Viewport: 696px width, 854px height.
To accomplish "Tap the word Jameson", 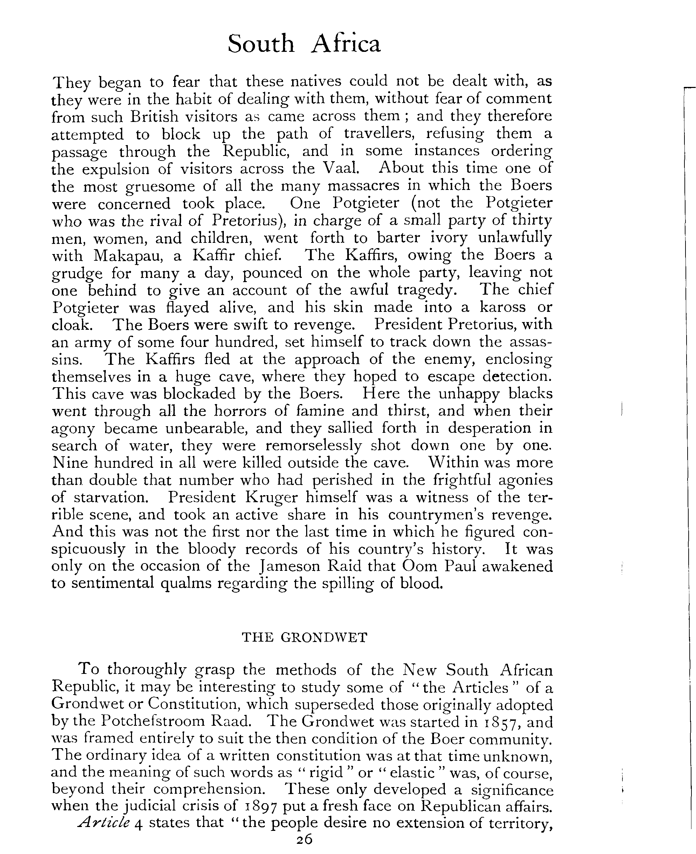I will (288, 566).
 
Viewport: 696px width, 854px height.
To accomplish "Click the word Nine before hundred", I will (70, 463).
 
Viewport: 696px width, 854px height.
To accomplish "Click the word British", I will (154, 116).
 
